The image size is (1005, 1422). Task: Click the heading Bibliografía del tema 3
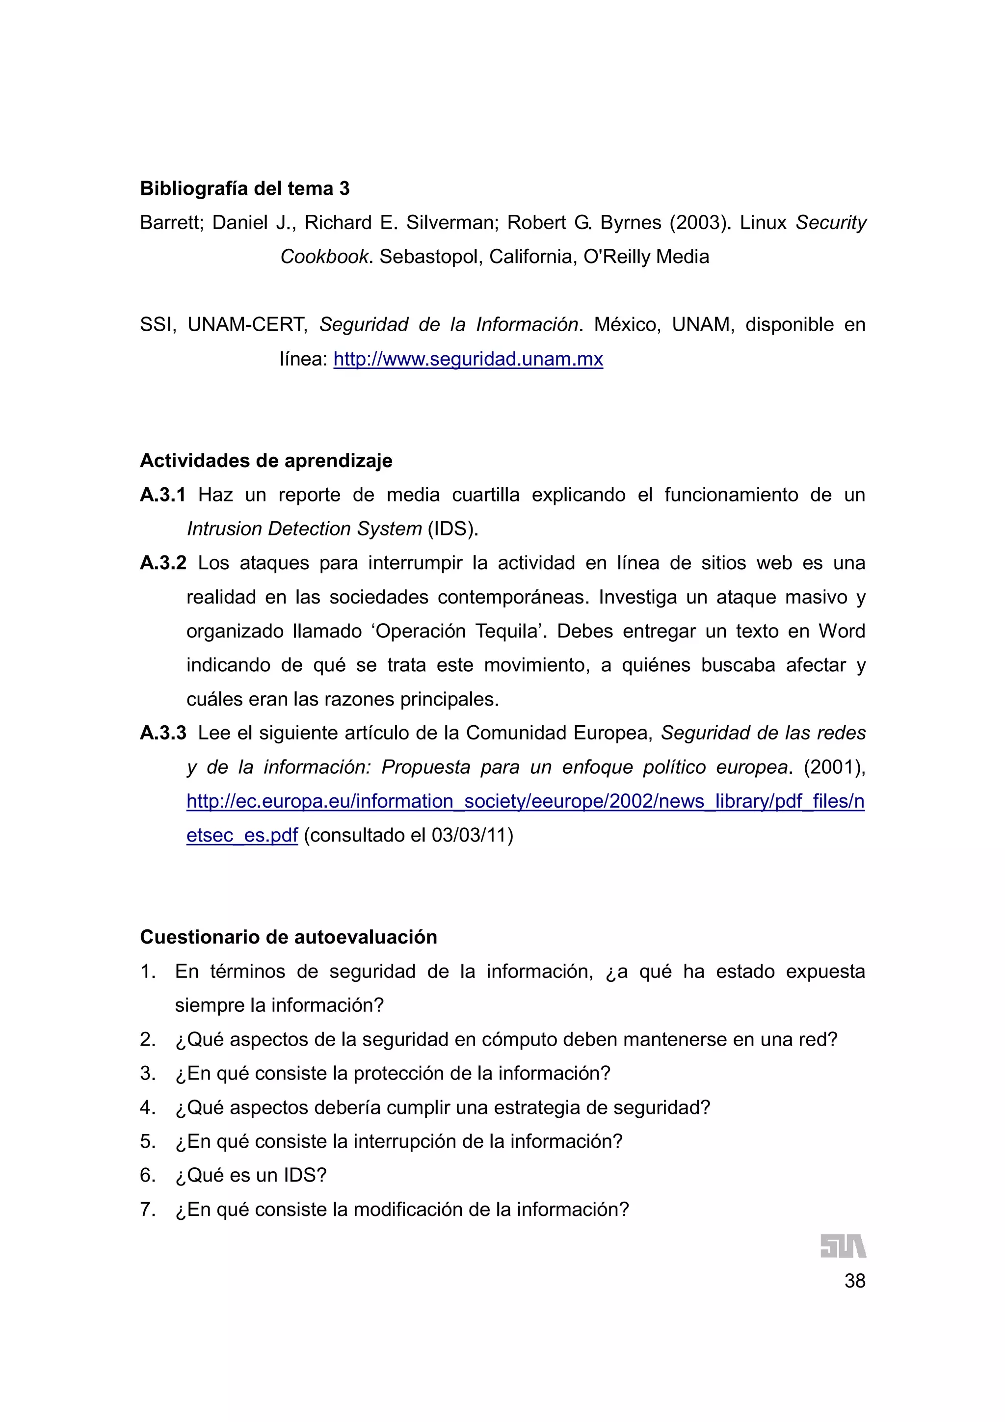click(244, 188)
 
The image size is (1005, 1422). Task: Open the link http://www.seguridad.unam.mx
click(468, 359)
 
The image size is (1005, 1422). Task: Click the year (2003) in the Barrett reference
click(700, 222)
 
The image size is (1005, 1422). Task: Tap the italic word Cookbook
click(324, 257)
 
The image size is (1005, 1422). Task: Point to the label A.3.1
click(162, 495)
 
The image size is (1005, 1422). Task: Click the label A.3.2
click(162, 563)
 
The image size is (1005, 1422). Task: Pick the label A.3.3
click(162, 733)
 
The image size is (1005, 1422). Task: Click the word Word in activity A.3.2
click(842, 631)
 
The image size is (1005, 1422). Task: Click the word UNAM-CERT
click(247, 324)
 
